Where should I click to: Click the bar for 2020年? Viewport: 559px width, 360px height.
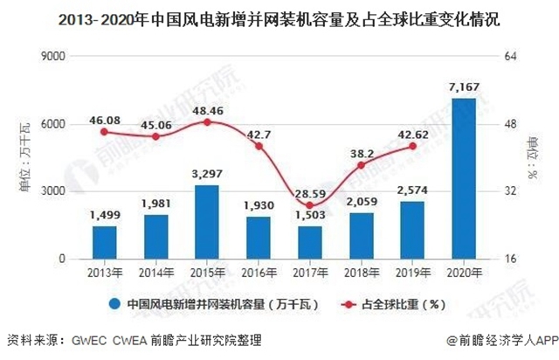coord(463,178)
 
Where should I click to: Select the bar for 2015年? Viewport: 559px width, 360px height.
coord(207,222)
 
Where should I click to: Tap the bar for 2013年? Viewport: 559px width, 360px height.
coord(104,242)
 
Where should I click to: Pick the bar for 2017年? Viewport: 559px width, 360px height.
coord(309,242)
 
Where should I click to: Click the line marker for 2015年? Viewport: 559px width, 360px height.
coord(207,122)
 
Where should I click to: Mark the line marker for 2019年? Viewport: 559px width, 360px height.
coord(412,147)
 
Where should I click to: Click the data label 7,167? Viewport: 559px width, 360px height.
coord(463,87)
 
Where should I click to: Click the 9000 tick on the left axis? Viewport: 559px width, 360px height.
coord(54,57)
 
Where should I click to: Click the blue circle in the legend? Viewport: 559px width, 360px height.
coord(114,305)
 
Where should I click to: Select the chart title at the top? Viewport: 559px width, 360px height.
coord(279,17)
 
